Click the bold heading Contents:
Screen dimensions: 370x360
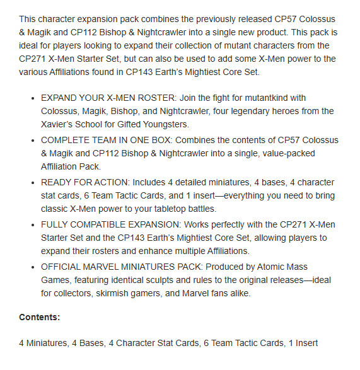pos(40,317)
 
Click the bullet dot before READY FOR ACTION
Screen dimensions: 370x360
pos(33,182)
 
